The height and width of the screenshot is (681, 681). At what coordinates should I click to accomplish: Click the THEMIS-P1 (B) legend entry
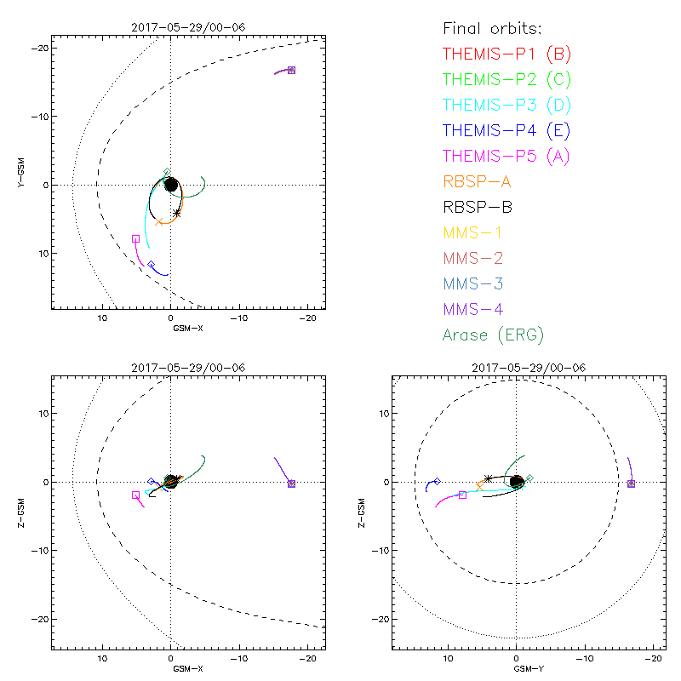(506, 54)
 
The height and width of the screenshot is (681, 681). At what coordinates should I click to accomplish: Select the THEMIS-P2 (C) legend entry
(506, 80)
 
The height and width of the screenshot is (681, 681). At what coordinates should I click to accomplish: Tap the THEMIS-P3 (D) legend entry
(506, 106)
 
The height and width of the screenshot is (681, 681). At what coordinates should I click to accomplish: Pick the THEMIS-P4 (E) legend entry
(506, 131)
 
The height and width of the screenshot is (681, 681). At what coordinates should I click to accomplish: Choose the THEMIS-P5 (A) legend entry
(506, 157)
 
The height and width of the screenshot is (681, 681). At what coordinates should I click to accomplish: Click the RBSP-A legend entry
(478, 181)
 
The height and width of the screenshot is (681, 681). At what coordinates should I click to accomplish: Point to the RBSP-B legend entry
(478, 207)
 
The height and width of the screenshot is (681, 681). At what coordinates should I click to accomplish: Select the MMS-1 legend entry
(473, 232)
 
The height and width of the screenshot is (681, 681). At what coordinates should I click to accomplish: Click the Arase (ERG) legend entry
(493, 335)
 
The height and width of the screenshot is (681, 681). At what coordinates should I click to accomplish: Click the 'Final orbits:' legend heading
(492, 27)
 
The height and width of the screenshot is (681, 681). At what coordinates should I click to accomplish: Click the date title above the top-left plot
(187, 26)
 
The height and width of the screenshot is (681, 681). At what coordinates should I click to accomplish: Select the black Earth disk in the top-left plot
(171, 184)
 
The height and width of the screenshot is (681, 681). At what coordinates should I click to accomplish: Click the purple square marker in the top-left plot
(291, 70)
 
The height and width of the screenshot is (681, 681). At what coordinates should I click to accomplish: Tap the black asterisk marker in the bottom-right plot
(487, 478)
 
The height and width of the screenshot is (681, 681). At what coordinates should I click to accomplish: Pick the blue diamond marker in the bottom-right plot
(437, 481)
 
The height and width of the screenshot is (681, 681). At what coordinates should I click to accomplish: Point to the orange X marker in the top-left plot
(158, 222)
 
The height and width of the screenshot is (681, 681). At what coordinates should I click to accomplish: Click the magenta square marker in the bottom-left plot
(135, 495)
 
